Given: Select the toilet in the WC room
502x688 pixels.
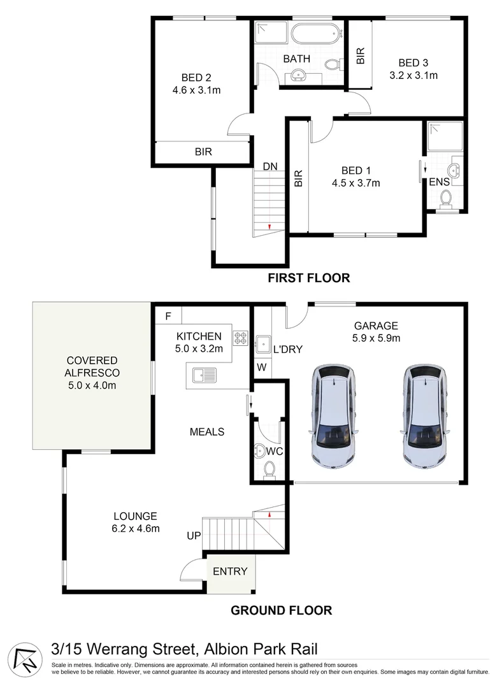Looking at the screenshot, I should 269,469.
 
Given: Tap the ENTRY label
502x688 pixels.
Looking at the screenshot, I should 230,571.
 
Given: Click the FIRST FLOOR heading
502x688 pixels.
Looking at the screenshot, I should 309,278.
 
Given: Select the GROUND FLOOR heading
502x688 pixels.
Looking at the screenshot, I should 281,610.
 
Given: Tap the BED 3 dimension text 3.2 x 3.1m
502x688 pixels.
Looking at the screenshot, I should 413,75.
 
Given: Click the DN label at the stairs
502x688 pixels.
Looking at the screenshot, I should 270,166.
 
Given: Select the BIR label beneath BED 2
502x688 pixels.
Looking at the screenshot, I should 203,152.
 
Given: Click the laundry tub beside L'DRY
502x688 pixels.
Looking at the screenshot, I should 263,343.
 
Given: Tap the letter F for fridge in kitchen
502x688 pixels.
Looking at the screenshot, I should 168,315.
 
